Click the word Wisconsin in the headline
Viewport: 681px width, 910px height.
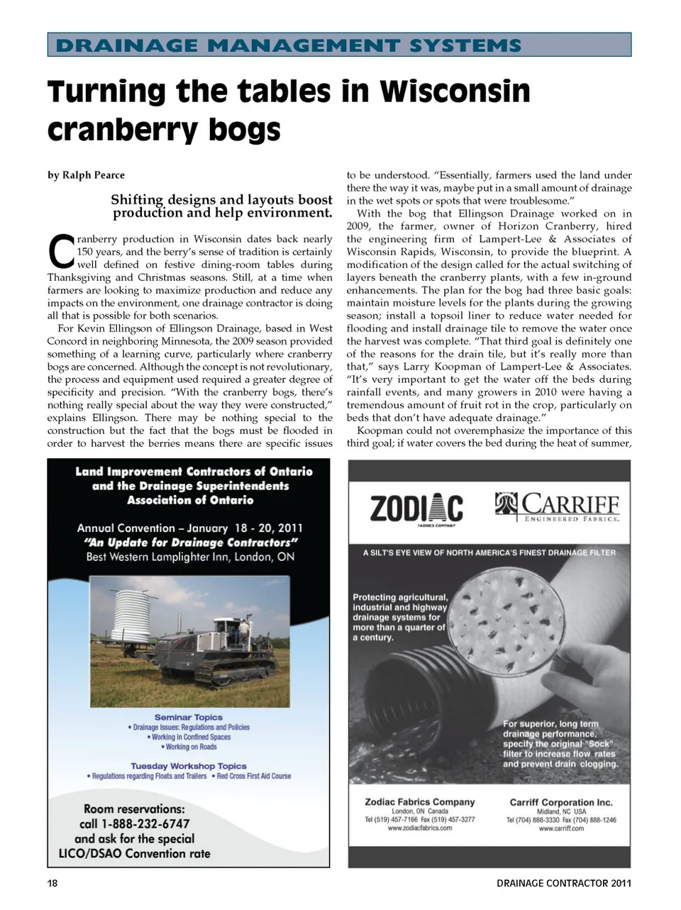[455, 91]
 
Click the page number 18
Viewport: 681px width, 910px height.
[53, 883]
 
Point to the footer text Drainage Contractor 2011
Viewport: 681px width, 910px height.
[563, 883]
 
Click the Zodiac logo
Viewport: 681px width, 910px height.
[416, 509]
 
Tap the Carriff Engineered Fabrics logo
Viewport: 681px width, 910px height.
[558, 507]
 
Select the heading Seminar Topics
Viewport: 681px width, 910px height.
[189, 717]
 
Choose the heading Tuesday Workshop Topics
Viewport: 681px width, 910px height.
[189, 766]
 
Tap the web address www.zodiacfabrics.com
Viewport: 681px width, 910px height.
[420, 828]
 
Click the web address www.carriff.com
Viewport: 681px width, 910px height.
[561, 828]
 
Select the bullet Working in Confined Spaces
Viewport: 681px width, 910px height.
[189, 737]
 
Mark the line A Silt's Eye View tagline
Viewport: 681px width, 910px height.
[489, 553]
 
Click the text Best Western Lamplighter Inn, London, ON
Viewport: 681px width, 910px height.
[190, 557]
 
